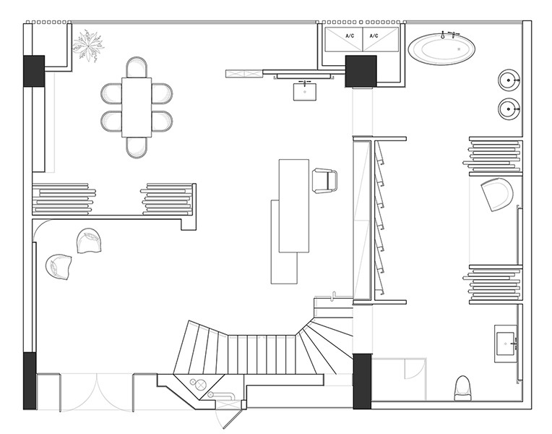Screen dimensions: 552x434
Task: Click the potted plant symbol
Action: (x=87, y=46)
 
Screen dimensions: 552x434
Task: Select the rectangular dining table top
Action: (x=137, y=107)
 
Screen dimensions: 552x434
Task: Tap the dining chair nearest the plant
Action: (x=137, y=67)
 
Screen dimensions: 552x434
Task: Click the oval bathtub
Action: (x=441, y=49)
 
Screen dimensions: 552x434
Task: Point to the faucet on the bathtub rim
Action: (x=443, y=35)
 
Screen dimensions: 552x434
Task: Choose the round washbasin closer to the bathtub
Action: (x=509, y=80)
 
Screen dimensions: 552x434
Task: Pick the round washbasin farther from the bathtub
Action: (x=509, y=109)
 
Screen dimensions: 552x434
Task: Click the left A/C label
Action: (x=350, y=36)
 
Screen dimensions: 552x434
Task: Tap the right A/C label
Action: (x=374, y=36)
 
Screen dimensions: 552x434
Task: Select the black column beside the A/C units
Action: (x=361, y=71)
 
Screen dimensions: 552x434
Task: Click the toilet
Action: (x=462, y=388)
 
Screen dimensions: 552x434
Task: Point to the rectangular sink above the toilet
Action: (x=506, y=344)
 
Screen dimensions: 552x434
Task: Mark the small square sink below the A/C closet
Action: (x=305, y=91)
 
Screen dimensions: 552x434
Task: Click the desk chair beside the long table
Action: (x=324, y=181)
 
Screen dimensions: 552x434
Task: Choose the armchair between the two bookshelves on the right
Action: (x=497, y=195)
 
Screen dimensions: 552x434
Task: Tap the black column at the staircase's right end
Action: (x=362, y=381)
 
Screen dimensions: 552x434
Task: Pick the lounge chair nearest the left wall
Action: (x=59, y=267)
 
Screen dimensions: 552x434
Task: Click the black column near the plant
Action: (x=34, y=71)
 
